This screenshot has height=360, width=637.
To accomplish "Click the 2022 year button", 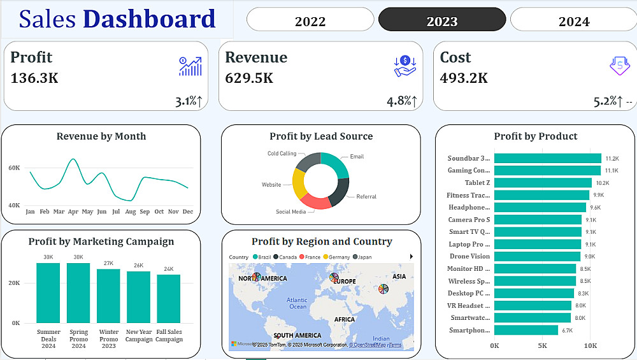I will point(310,20).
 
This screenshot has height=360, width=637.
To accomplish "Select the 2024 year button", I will point(573,20).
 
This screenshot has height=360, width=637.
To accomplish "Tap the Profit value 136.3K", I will point(34,78).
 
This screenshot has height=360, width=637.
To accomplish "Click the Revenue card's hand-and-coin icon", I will point(405,66).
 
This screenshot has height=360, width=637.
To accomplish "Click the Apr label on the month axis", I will point(73,212).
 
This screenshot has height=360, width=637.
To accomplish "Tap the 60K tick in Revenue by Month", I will point(14,168).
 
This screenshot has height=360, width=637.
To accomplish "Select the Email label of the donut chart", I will point(357,156).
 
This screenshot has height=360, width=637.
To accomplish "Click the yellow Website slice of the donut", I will point(299,184).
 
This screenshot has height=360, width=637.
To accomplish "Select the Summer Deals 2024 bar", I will point(48,292).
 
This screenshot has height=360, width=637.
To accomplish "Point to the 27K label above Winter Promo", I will point(108,263).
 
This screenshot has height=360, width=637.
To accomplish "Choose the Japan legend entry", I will point(364,257).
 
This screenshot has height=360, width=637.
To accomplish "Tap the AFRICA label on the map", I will point(345,320).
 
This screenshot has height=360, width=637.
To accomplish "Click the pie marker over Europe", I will point(334,278).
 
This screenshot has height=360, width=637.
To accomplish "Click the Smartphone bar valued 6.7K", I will point(526,330).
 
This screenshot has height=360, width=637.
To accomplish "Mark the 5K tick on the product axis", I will point(542,345).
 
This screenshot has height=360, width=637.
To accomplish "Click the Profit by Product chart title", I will point(535,136).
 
